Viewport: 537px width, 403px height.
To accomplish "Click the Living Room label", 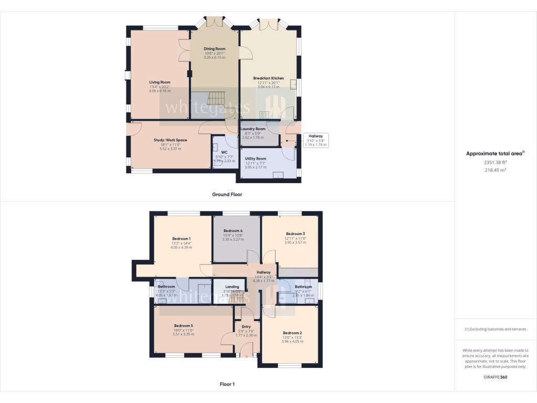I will [x=160, y=82].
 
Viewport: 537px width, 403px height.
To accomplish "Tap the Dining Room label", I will [x=214, y=49].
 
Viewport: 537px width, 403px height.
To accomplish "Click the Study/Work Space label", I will [x=170, y=140].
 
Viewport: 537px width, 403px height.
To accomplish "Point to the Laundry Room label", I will [x=253, y=129].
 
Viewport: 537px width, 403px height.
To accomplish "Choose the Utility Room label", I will [x=255, y=158].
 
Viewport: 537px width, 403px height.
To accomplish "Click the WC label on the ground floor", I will [x=224, y=153].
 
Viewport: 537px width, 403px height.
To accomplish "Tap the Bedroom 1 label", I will [x=181, y=239].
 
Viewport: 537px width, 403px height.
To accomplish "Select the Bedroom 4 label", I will [x=233, y=231].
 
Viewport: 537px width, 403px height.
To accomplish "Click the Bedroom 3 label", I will [x=295, y=234].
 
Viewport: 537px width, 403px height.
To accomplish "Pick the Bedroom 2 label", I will [x=292, y=333].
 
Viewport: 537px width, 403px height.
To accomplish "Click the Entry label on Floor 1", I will [x=246, y=326].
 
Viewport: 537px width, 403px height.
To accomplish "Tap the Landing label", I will [x=232, y=287].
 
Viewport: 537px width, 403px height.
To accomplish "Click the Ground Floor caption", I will [x=227, y=194].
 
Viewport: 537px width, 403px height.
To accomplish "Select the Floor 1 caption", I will [x=227, y=384].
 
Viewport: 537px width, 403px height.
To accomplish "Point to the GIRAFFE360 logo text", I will [x=495, y=377].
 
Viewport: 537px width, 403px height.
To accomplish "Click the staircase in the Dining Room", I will [x=217, y=98].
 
